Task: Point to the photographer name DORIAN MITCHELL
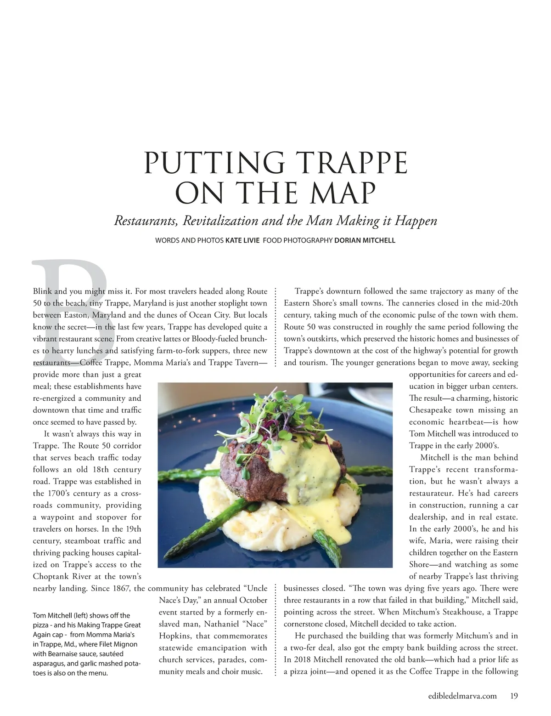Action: pos(365,240)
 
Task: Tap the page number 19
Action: pos(514,696)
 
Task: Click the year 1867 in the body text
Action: pos(120,588)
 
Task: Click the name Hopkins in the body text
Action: pos(175,636)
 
